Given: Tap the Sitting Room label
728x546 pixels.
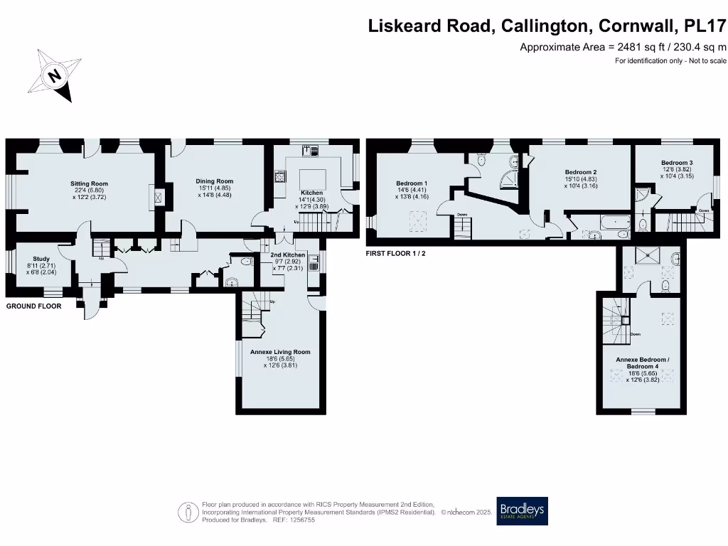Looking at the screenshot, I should tap(89, 183).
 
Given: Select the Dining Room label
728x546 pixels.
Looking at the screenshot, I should tap(214, 181).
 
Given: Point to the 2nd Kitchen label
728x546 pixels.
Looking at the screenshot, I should tap(288, 255).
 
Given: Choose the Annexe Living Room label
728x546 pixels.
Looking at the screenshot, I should tap(280, 352).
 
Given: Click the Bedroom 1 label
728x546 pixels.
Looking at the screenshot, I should tap(412, 183).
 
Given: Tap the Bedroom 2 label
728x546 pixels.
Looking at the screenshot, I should tap(580, 172).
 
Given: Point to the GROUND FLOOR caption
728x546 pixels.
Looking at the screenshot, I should tap(33, 306).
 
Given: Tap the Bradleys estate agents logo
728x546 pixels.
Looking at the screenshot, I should tap(523, 510).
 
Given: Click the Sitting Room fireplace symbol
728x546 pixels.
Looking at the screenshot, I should tap(159, 196).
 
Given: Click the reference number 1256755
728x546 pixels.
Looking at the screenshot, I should tap(300, 520).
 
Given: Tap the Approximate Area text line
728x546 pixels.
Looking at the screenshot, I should tap(623, 48).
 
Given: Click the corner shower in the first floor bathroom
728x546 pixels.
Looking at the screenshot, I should tap(510, 180).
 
